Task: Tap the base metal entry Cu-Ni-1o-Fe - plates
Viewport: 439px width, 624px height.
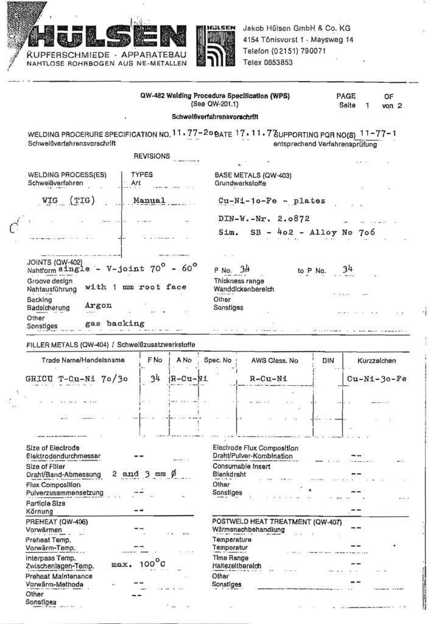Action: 272,200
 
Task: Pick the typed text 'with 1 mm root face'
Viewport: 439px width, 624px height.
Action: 135,286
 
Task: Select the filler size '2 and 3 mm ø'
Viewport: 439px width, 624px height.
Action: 144,473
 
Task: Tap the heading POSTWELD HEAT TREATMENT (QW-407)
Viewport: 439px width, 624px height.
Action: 276,522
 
